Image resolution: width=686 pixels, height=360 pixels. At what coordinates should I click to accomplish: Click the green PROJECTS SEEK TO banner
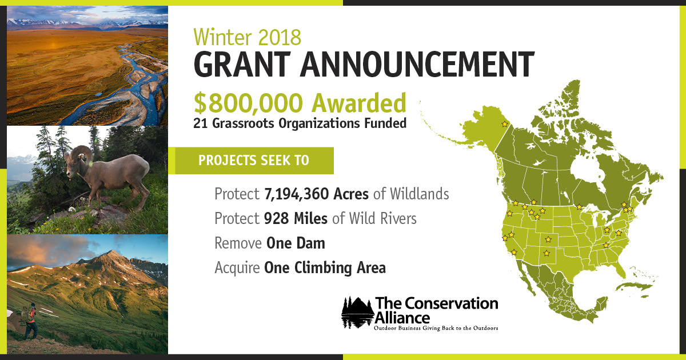tap(254, 161)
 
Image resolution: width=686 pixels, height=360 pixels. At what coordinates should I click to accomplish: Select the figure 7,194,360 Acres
tap(317, 194)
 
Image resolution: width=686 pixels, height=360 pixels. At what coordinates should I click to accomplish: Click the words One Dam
tap(296, 243)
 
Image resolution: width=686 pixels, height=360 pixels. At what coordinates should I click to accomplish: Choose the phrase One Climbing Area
tap(325, 267)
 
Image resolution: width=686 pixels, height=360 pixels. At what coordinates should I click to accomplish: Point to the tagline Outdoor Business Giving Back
tap(436, 329)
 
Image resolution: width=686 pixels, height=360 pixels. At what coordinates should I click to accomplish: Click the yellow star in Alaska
tap(504, 124)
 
